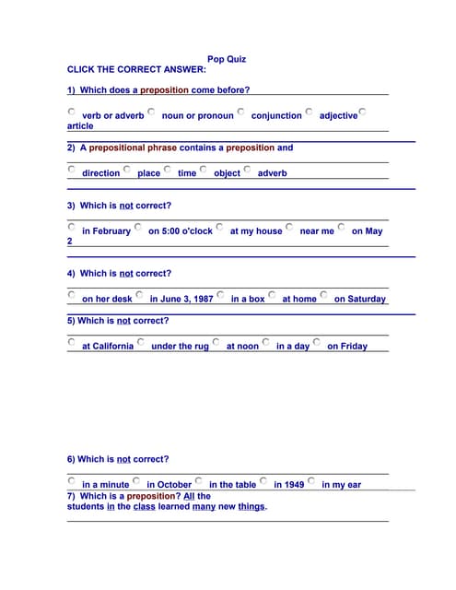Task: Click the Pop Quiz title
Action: (x=227, y=59)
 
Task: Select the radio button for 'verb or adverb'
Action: (x=72, y=112)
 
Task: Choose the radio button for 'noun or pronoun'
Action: (x=151, y=112)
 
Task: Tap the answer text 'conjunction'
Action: (x=276, y=116)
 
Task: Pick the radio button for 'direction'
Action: (x=72, y=169)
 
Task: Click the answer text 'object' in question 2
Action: (x=227, y=173)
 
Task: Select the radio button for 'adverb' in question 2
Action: (x=247, y=169)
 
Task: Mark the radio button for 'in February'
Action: (x=72, y=226)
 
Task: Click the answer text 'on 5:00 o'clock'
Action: (x=181, y=231)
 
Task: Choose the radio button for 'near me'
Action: (x=289, y=226)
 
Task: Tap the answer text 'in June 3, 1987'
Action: (x=181, y=300)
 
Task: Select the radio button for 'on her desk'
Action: (x=72, y=295)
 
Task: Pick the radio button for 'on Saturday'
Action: (x=323, y=295)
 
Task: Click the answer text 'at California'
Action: (x=108, y=347)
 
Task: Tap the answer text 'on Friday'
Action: (x=347, y=347)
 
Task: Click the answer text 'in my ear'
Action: (x=341, y=485)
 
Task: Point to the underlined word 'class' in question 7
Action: (x=145, y=506)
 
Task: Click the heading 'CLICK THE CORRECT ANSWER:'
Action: (x=137, y=69)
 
